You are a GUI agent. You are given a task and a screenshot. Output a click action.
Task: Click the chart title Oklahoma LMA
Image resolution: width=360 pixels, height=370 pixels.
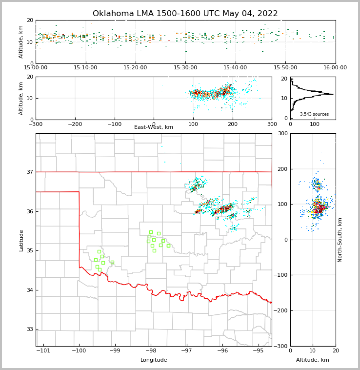[x=185, y=14]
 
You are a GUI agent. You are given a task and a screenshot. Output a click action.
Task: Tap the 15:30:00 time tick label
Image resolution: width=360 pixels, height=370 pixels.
[x=186, y=68]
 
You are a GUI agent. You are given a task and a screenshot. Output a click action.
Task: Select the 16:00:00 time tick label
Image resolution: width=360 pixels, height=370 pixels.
[x=335, y=68]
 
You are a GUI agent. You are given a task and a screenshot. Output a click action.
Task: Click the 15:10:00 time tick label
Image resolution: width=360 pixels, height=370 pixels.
[x=86, y=68]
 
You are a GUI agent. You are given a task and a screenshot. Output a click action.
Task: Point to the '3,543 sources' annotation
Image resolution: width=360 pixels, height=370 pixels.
[x=314, y=114]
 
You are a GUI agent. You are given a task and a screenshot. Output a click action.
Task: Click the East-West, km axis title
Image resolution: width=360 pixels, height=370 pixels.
[x=154, y=127]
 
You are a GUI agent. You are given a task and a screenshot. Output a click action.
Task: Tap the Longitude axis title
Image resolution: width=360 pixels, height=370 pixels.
[x=154, y=360]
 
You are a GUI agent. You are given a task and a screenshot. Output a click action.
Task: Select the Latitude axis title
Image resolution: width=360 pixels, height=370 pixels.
[x=21, y=240]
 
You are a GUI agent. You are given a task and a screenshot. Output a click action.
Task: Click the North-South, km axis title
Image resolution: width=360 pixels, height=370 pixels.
[x=340, y=240]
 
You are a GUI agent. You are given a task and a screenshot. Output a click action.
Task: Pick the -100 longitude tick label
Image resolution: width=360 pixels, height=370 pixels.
[x=79, y=351]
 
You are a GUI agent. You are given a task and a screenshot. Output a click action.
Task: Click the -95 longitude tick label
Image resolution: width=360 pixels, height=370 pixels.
[x=259, y=351]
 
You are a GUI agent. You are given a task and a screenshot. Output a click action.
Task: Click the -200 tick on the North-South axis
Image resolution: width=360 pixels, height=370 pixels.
[x=282, y=311]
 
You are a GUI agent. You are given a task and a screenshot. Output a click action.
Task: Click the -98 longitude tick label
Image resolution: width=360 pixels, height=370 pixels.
[x=151, y=351]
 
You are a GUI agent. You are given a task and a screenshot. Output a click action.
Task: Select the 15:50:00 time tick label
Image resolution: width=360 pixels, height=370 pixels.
[x=285, y=68]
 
